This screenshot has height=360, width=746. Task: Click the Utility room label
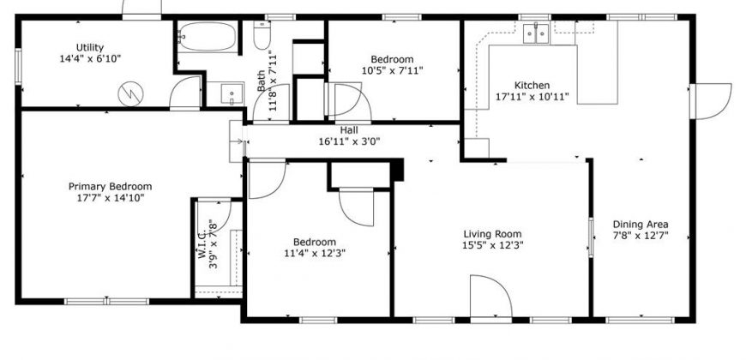90,47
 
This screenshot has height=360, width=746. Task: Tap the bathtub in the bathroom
208,37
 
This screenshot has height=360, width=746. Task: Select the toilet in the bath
262,35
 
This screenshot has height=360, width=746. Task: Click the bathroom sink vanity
232,93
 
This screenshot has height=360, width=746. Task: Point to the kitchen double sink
536,33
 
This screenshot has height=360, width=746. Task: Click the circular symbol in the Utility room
130,94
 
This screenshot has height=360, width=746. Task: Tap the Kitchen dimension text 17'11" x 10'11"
532,97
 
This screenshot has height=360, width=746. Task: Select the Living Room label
492,234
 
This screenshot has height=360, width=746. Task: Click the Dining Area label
641,225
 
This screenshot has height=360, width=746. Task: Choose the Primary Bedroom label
111,186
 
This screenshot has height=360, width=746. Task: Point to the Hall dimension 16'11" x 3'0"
349,141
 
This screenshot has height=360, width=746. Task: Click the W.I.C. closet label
202,244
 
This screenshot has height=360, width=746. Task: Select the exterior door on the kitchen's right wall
711,101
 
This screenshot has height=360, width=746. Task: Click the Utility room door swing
185,93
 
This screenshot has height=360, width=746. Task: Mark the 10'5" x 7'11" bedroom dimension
393,71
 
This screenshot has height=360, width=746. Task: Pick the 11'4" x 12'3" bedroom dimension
315,253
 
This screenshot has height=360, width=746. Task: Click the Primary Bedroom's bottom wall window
107,302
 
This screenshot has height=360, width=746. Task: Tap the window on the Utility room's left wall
19,67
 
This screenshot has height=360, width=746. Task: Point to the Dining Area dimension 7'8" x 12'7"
641,236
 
